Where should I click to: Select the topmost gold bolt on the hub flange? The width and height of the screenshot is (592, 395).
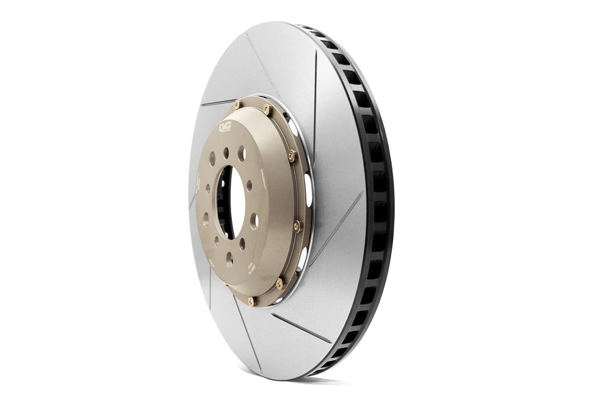(x=237, y=104)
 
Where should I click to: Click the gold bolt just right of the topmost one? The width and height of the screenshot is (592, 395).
(x=267, y=109)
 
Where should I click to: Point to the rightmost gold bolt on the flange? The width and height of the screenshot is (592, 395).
(x=297, y=226)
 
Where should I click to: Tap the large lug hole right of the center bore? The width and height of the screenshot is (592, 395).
(x=254, y=220)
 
